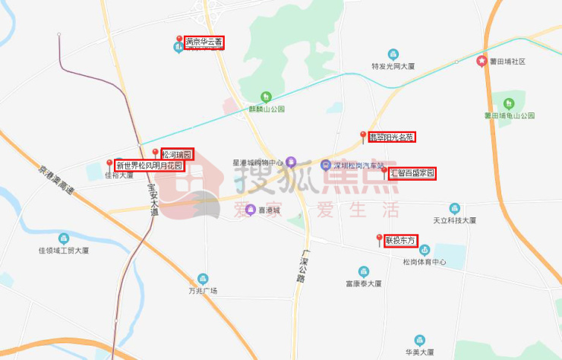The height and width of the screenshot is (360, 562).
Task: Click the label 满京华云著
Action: tap(204, 43)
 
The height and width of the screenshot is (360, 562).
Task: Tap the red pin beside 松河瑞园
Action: tap(155, 153)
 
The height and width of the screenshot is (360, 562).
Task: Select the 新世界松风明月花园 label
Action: tap(150, 165)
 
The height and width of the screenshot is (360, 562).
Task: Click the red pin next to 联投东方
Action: tap(379, 239)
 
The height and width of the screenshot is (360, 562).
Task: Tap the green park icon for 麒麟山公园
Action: tap(266, 96)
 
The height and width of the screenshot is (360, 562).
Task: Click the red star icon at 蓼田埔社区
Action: tap(481, 61)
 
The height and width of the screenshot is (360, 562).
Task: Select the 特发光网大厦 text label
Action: tap(393, 66)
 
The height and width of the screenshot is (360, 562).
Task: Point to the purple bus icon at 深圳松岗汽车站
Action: tap(325, 163)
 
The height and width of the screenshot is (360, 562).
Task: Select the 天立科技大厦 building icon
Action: tap(454, 208)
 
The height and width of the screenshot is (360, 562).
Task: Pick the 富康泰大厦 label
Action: tap(363, 283)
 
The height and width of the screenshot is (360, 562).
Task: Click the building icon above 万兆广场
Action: tap(203, 279)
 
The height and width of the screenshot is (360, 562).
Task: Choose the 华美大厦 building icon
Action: tap(419, 340)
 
